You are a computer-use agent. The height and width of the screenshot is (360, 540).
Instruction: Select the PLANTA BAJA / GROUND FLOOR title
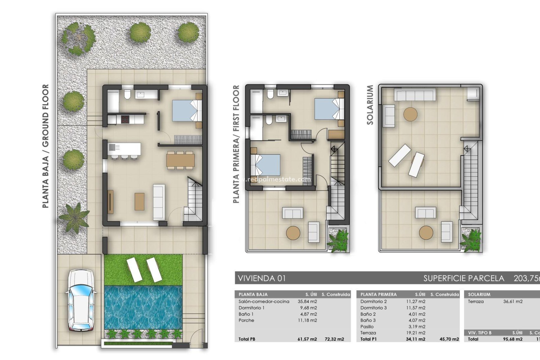click(46, 146)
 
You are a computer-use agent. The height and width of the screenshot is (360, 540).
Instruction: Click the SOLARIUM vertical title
click(370, 105)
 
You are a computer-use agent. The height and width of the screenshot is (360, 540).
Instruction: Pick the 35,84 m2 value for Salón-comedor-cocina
click(307, 301)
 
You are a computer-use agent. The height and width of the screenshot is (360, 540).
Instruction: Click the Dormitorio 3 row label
click(373, 308)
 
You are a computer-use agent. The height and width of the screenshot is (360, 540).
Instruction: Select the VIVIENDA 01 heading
click(262, 278)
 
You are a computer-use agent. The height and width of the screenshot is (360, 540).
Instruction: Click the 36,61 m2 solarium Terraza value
click(513, 301)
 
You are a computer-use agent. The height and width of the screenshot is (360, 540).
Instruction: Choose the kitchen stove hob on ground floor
click(125, 119)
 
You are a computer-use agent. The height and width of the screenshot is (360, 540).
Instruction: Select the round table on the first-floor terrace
click(293, 233)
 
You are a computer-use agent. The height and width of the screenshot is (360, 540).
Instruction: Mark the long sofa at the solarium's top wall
click(415, 94)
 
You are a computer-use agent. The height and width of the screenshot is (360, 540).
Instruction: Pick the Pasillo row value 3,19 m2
click(417, 327)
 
